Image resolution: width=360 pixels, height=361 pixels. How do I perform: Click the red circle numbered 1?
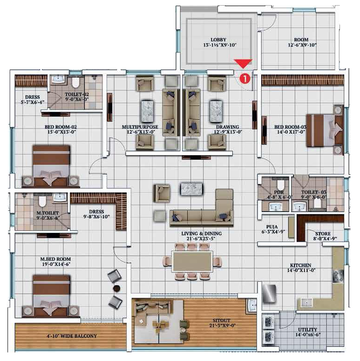pos(245,78)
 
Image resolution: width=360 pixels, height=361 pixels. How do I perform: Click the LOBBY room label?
pos(218,40)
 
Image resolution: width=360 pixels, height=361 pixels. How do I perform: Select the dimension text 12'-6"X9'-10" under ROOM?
pos(302,45)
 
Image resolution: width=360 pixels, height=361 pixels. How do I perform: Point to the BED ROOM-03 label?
pos(290,127)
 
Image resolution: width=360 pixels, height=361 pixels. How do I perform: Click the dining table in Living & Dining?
pos(192,261)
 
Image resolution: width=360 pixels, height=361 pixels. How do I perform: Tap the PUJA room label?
pos(272,227)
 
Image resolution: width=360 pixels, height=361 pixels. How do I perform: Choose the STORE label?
pos(323,234)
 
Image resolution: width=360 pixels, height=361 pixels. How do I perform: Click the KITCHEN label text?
pos(300,265)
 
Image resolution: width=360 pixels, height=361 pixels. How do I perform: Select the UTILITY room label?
pos(307,329)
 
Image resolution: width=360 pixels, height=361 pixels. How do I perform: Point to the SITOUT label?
pos(221,320)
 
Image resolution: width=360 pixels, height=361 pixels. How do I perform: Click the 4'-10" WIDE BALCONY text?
pos(72,336)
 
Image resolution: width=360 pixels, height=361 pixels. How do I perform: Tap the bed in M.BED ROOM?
pos(51,296)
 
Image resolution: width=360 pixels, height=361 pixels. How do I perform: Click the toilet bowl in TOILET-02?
pos(75,82)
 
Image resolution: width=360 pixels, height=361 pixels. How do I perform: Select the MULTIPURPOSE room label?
pos(140,127)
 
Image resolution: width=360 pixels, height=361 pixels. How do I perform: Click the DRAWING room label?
pos(227,127)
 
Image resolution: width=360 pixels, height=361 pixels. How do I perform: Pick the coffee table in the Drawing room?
pos(216,111)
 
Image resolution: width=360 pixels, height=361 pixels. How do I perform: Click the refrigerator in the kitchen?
pos(269,294)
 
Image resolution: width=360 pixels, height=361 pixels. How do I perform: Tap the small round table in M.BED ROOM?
pos(117,288)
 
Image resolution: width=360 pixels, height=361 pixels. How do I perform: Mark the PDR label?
pos(279,192)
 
